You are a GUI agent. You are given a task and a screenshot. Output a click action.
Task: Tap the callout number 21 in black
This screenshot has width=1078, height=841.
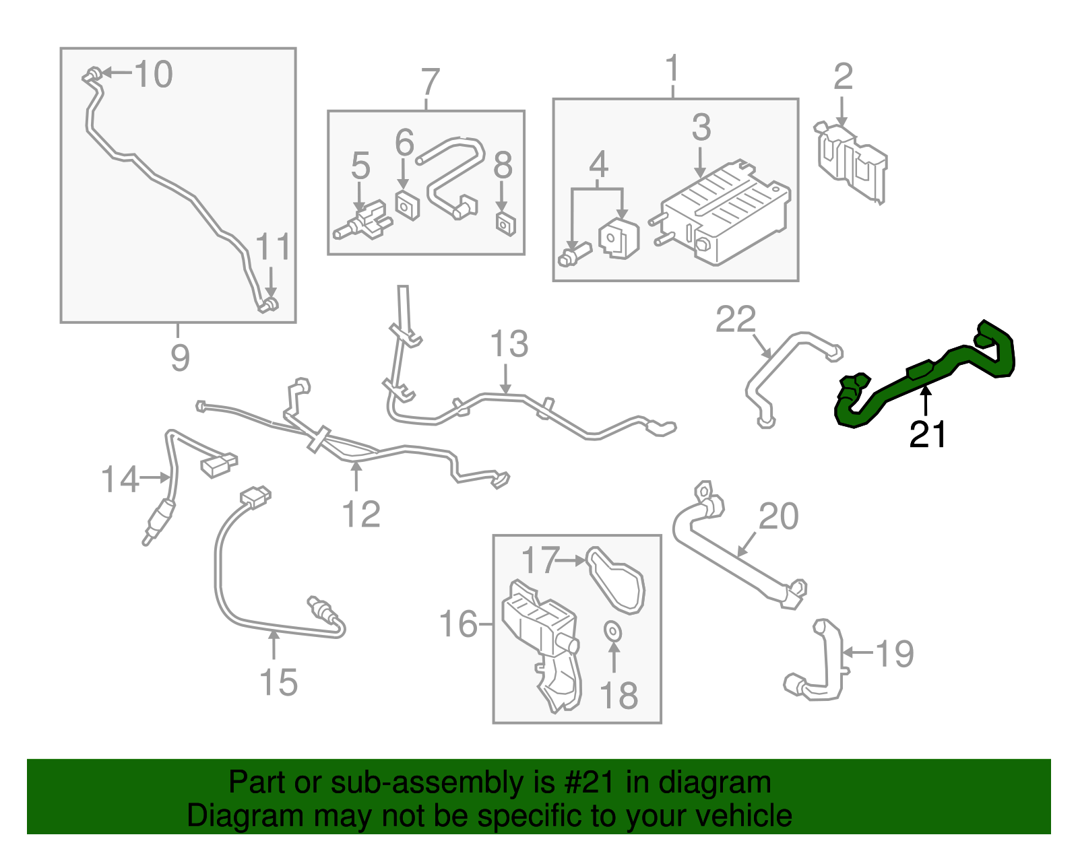(x=928, y=435)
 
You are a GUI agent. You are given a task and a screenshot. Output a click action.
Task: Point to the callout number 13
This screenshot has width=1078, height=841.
(x=509, y=345)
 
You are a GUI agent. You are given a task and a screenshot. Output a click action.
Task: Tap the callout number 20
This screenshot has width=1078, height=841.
(x=778, y=517)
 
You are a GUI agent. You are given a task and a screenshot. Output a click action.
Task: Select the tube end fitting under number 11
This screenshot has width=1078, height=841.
(x=268, y=305)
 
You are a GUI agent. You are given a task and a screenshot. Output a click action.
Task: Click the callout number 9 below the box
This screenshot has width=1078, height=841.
(x=180, y=358)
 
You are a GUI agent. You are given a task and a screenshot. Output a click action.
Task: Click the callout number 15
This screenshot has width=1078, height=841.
(x=278, y=683)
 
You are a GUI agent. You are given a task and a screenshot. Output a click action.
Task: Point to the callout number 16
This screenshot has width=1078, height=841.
(x=458, y=624)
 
